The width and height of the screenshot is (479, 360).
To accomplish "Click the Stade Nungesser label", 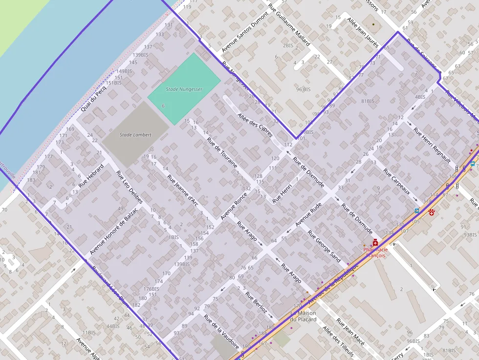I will pos(184,89).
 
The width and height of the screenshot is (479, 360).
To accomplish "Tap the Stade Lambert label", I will pos(135,134).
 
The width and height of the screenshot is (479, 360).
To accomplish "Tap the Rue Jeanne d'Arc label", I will pos(182,190).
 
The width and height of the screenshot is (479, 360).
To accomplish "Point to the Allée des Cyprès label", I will pos(255,125).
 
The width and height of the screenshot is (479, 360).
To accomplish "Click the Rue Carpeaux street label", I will pos(396,182).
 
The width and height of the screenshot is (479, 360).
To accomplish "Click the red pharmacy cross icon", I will pos(375,242).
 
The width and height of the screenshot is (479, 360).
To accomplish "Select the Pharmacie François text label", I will pos(375,253).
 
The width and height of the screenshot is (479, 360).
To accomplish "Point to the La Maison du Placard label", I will pos(303,317).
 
